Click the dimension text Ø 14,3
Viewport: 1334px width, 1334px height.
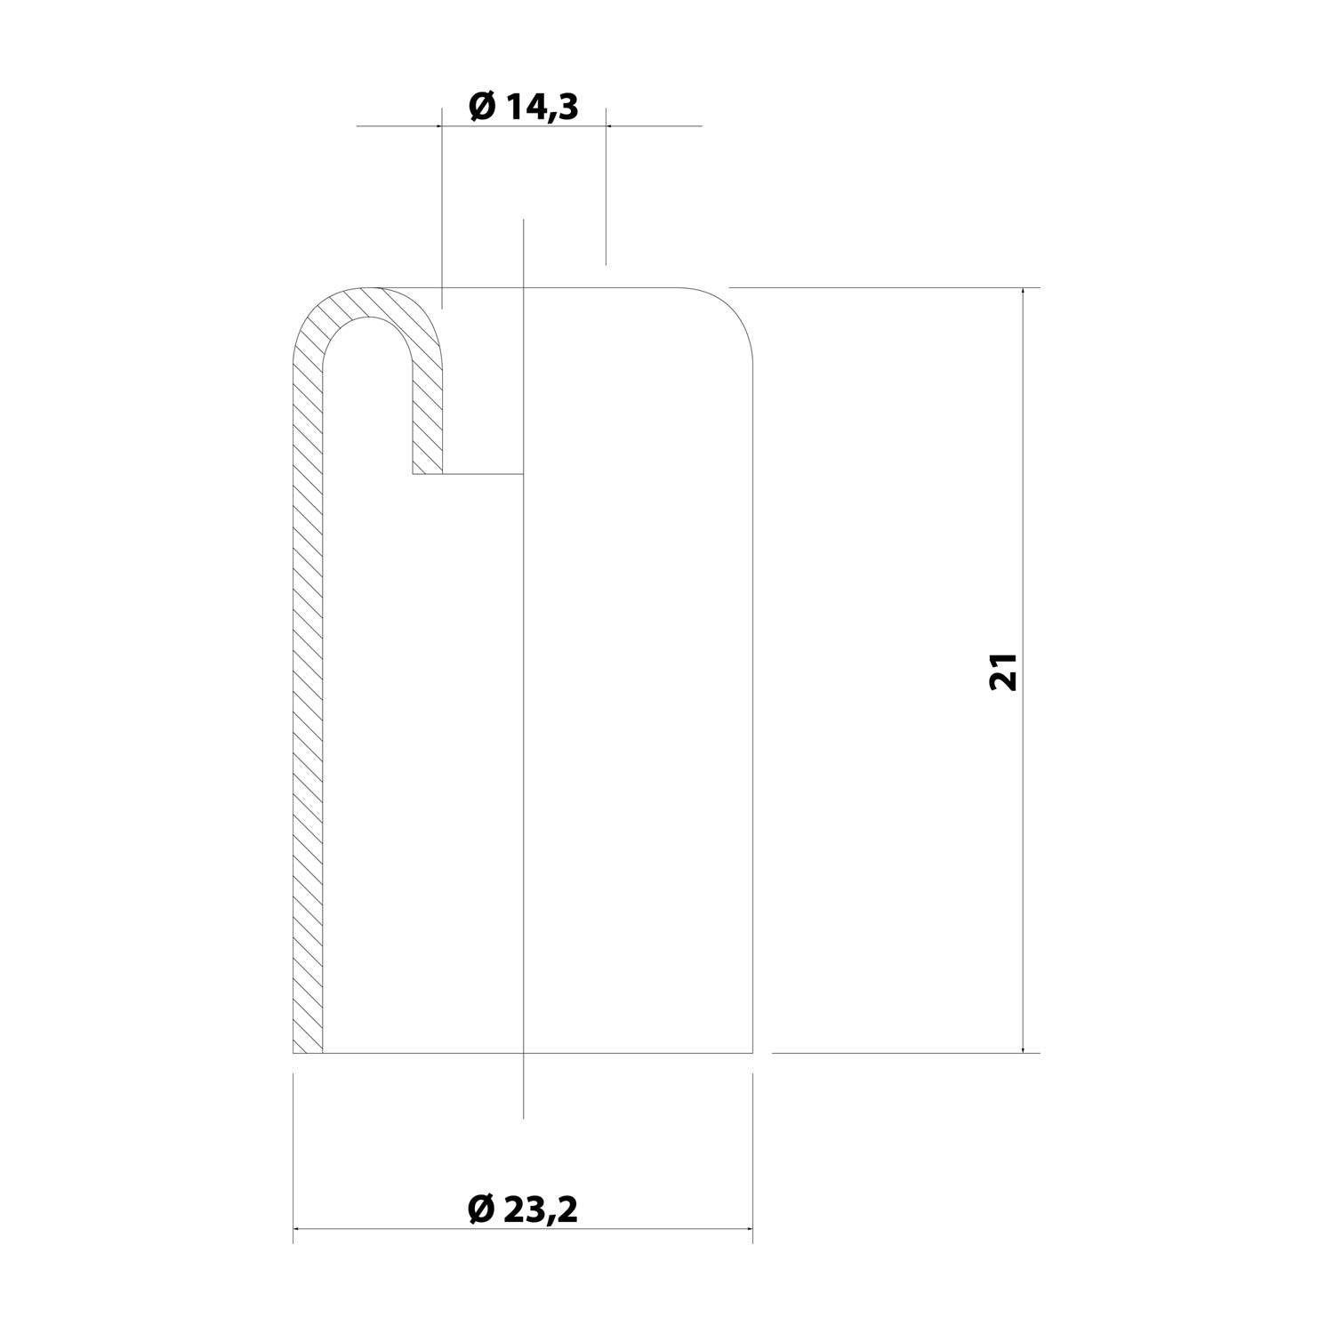coord(524,107)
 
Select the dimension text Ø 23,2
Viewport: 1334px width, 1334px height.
coord(523,1209)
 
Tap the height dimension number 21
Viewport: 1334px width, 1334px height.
coord(1002,671)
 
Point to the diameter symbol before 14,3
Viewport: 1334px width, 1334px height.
coord(481,107)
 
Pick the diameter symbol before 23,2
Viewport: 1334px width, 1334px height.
coord(479,1209)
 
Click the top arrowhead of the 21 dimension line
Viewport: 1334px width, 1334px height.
coord(1025,293)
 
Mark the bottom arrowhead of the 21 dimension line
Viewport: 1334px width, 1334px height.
coord(1025,1047)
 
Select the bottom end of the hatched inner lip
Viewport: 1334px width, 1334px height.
coord(427,473)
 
